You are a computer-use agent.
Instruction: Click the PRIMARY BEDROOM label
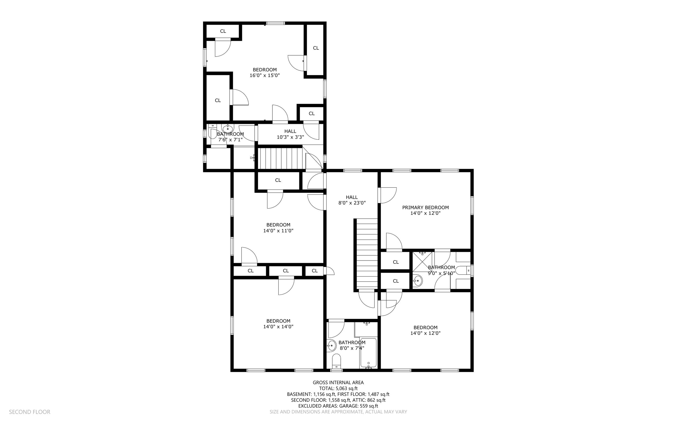click(425, 208)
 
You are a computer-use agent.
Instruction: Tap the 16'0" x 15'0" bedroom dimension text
click(265, 75)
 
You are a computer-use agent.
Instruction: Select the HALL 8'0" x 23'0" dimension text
click(352, 203)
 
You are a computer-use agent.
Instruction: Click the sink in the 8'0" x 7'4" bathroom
click(331, 346)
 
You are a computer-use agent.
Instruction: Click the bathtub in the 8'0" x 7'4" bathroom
click(368, 353)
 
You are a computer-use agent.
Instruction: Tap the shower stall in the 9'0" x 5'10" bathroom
click(422, 262)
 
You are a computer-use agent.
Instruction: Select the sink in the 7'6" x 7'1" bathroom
click(228, 129)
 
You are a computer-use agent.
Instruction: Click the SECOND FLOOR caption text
click(30, 412)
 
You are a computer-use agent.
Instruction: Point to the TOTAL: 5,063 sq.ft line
click(338, 388)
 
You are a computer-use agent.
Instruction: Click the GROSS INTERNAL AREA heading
click(338, 382)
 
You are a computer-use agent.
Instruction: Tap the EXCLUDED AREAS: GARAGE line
click(338, 406)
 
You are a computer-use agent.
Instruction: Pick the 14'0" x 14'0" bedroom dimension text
click(278, 327)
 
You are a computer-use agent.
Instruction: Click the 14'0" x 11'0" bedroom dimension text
click(278, 231)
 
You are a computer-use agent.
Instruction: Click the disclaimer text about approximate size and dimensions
click(338, 412)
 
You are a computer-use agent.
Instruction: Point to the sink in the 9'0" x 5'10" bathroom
click(418, 280)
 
